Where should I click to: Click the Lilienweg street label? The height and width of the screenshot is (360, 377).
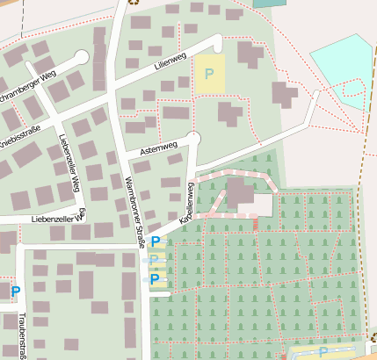(170, 58)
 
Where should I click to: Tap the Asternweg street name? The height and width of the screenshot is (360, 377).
(158, 146)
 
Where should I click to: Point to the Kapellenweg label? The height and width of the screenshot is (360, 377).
(187, 207)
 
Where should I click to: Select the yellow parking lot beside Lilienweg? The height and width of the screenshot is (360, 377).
(209, 71)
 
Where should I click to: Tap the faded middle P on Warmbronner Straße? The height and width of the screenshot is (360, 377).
(156, 260)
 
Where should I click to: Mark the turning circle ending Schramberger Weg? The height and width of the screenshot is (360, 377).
(82, 57)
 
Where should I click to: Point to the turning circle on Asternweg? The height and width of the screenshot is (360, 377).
(194, 137)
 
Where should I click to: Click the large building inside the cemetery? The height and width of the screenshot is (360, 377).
(240, 195)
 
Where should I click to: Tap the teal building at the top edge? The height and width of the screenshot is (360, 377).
(269, 4)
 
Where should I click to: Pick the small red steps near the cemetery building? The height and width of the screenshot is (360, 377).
(256, 224)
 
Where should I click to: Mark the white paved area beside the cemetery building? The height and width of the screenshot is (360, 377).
(262, 205)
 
